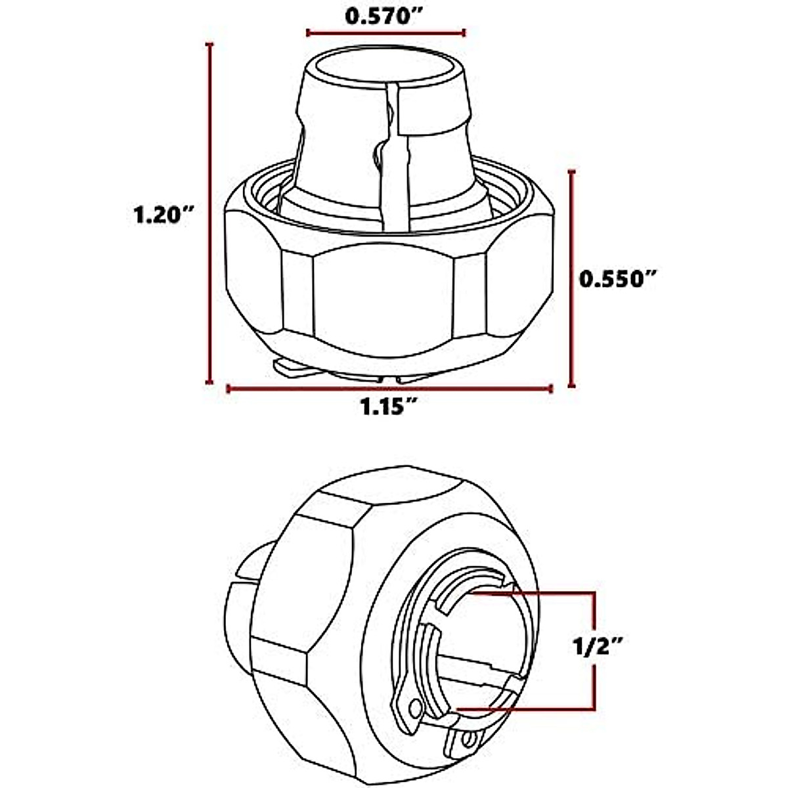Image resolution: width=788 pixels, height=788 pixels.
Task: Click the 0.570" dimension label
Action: (384, 16)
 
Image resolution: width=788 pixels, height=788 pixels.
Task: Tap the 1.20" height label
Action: (162, 214)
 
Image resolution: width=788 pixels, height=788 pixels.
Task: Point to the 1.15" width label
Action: (389, 407)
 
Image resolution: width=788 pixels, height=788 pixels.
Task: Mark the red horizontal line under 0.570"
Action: (386, 32)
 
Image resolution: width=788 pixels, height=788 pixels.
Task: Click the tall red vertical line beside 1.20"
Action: (209, 213)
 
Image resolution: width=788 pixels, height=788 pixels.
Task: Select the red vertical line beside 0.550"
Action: (572, 279)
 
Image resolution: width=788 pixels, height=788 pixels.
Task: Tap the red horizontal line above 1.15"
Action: (389, 389)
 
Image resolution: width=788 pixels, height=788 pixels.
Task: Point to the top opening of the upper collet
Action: (385, 66)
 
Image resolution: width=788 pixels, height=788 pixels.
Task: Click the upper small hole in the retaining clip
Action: (414, 708)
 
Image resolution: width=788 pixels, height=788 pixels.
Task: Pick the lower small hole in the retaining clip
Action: (467, 740)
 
